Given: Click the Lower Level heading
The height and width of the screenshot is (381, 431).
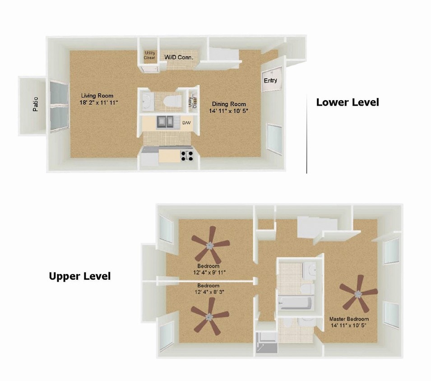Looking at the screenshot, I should [x=347, y=102].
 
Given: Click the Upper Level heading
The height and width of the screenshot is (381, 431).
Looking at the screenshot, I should [x=79, y=276].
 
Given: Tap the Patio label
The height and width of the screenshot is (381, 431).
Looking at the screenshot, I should [x=35, y=105].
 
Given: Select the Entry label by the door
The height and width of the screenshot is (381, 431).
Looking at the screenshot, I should [x=270, y=80].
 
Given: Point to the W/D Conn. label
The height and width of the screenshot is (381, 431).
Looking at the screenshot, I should [x=179, y=57].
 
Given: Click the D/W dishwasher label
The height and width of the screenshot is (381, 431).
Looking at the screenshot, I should [x=186, y=122].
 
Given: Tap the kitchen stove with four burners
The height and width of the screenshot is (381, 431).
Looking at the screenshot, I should [x=187, y=156].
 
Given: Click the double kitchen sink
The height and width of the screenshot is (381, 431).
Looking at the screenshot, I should [x=166, y=122].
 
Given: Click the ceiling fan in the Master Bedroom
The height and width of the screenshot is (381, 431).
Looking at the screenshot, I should [x=358, y=294].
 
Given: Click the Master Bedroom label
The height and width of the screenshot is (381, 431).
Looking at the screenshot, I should [x=349, y=319].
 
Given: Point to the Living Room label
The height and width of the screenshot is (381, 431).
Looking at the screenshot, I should [x=97, y=96].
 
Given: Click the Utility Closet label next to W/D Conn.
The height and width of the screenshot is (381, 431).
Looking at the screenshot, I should [x=149, y=56].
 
